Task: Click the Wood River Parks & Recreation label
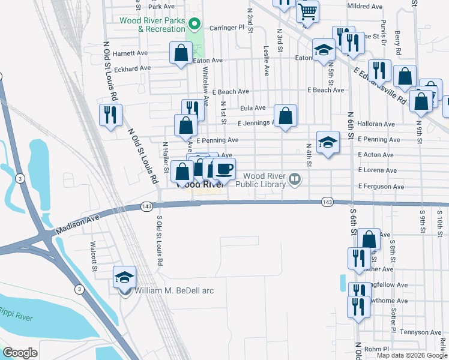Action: [152, 25]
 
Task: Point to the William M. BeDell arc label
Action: [175, 291]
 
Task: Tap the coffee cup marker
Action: [224, 169]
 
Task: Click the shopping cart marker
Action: [307, 11]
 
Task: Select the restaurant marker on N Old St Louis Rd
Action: [110, 115]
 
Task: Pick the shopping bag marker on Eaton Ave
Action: [181, 53]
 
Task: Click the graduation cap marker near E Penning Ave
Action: [328, 142]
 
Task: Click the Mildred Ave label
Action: [365, 7]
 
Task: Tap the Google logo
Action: [20, 353]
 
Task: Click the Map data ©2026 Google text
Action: [412, 355]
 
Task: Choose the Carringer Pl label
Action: [227, 28]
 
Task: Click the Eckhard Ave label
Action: [132, 68]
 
